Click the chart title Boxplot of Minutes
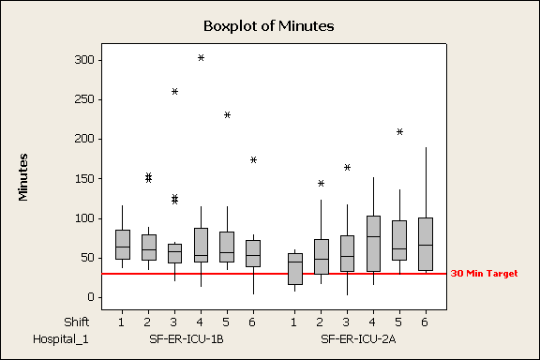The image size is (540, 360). pyautogui.click(x=269, y=25)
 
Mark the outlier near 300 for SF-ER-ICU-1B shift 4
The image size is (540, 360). pyautogui.click(x=201, y=58)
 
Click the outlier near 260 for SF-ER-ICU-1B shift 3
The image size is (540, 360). pyautogui.click(x=174, y=91)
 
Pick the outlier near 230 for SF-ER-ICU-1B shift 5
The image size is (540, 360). pyautogui.click(x=227, y=115)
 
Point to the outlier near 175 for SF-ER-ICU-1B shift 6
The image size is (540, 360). pyautogui.click(x=253, y=159)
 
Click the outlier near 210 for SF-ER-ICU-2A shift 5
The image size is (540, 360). pyautogui.click(x=399, y=131)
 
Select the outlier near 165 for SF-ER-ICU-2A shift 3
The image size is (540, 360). pyautogui.click(x=347, y=167)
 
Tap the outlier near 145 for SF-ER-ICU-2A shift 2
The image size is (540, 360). pyautogui.click(x=321, y=184)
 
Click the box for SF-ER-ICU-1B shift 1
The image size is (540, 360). pyautogui.click(x=122, y=245)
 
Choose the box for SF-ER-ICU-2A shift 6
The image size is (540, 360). pyautogui.click(x=426, y=244)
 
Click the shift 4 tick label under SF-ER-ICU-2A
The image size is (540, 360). pyautogui.click(x=373, y=322)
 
